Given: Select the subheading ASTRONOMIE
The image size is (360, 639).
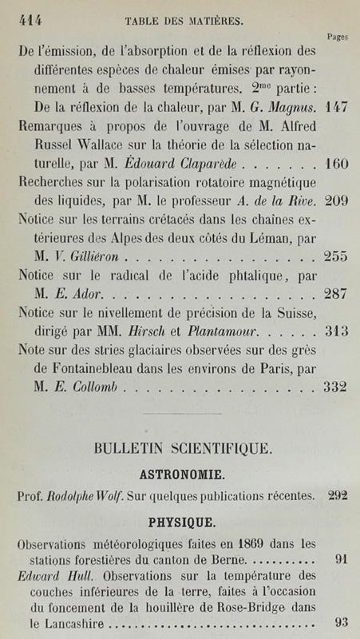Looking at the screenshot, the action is pyautogui.click(x=181, y=473).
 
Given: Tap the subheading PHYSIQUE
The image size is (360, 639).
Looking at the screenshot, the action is pyautogui.click(x=181, y=523).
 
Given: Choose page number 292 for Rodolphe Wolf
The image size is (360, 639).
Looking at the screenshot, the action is pyautogui.click(x=337, y=496).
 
